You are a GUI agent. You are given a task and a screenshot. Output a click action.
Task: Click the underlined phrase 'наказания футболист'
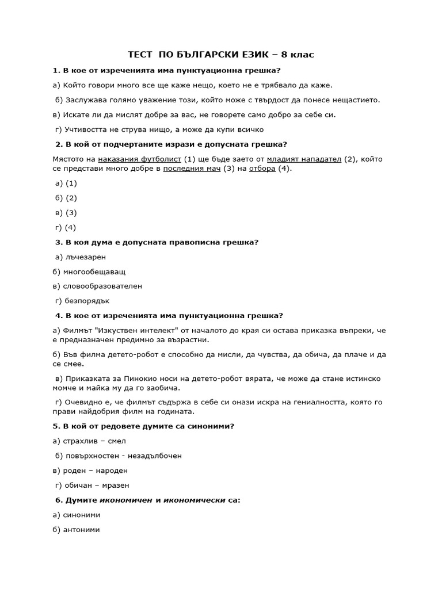pyautogui.click(x=140, y=159)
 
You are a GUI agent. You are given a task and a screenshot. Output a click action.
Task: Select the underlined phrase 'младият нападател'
pyautogui.click(x=304, y=159)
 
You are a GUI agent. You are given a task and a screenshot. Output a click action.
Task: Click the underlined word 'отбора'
pyautogui.click(x=262, y=169)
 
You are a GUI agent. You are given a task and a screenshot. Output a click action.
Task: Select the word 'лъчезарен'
pyautogui.click(x=86, y=257)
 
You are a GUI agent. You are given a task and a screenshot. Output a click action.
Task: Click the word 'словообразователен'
pyautogui.click(x=101, y=286)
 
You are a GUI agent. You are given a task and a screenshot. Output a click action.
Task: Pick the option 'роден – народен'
pyautogui.click(x=91, y=471)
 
